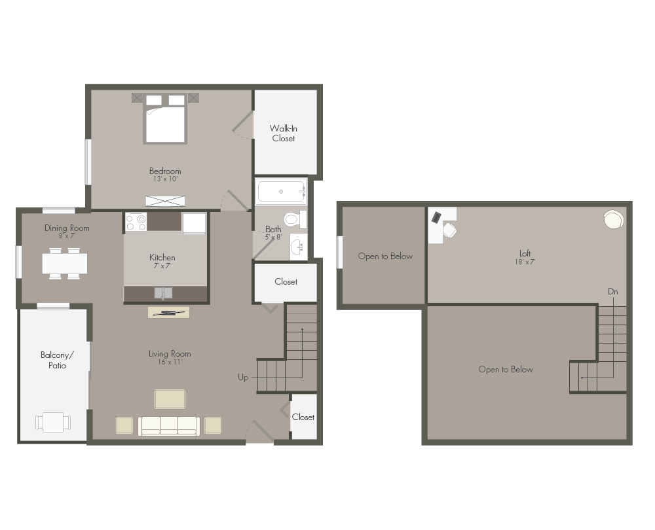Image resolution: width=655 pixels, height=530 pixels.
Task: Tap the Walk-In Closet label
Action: point(284,133)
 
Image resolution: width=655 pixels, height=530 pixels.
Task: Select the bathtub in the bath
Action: point(281,192)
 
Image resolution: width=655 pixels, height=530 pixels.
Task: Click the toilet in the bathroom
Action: point(293,219)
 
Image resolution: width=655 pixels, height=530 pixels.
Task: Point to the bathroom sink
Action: point(297,246)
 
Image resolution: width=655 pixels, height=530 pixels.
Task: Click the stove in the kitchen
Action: point(136,222)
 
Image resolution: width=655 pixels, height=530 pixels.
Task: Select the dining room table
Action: point(65,263)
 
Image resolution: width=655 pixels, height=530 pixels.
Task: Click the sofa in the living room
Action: point(169,425)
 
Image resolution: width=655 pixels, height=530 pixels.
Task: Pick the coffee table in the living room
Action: point(170,398)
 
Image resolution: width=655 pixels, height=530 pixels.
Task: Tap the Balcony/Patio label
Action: point(57,360)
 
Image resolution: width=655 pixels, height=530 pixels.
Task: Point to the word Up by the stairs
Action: point(243,378)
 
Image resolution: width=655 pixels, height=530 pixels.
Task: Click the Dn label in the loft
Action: point(612,292)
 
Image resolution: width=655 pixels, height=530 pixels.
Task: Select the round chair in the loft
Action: point(614,220)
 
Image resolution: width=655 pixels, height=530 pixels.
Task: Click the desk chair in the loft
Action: point(449,230)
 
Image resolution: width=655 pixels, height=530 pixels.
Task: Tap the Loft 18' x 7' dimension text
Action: point(525,262)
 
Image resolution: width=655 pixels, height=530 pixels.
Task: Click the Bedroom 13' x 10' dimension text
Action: point(164,179)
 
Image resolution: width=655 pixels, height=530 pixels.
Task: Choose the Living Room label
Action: point(170,354)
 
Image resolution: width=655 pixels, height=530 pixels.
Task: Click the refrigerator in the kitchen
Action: point(195,223)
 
